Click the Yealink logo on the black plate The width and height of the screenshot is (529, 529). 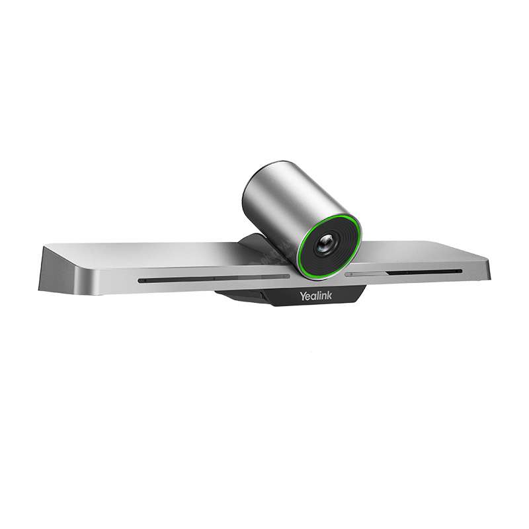tap(315, 296)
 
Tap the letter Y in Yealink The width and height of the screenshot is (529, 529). tap(303, 296)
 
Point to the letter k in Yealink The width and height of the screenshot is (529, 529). tap(329, 296)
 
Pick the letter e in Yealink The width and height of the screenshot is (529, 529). tap(308, 297)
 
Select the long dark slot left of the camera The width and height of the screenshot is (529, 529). tap(214, 279)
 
